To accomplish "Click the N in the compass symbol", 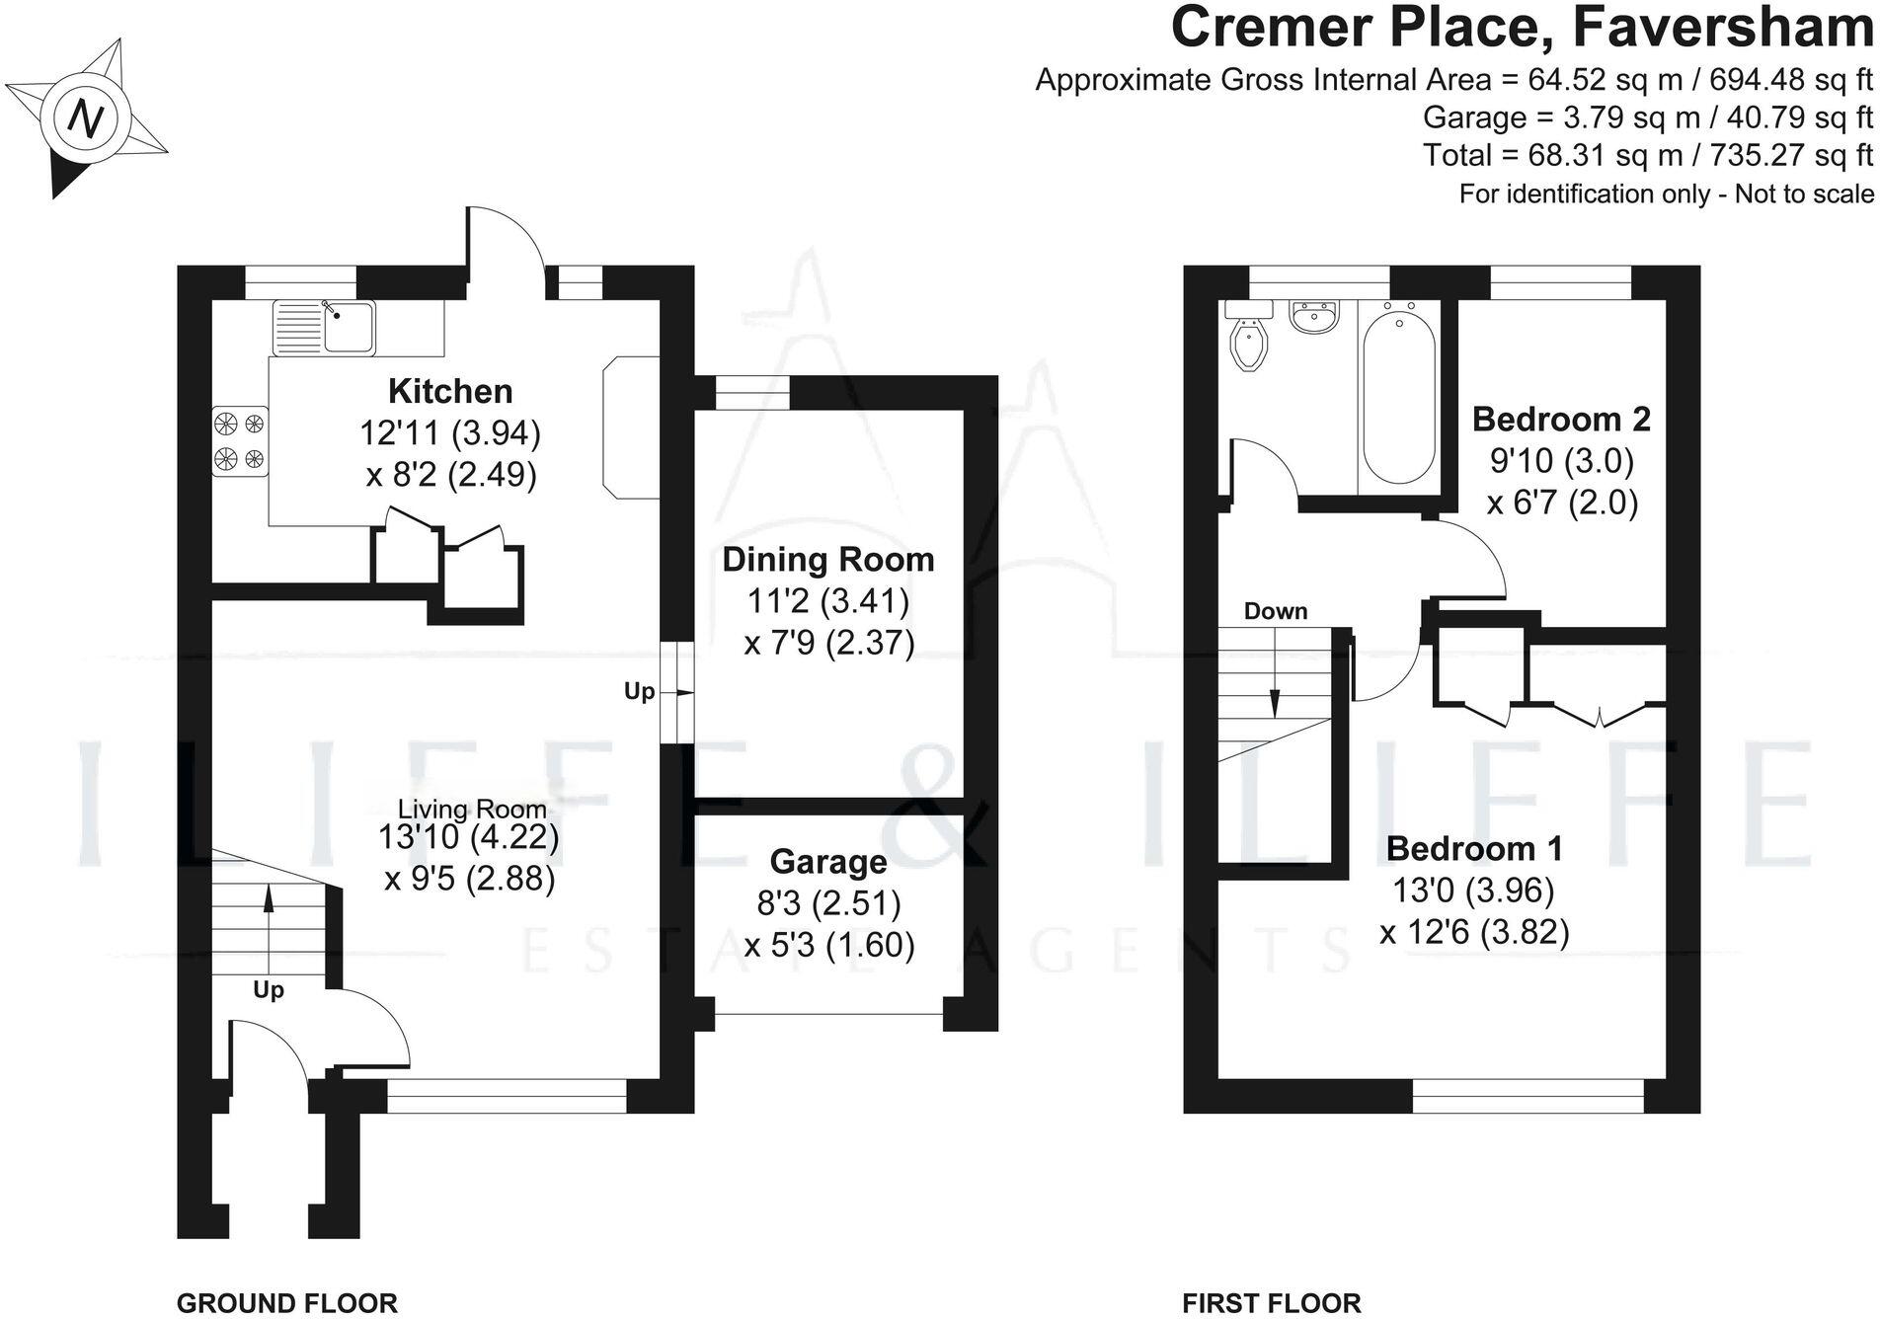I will click(x=87, y=118).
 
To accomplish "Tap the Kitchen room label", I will click(x=450, y=391).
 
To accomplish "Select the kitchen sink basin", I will click(x=350, y=327).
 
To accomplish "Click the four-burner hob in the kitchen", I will click(x=240, y=441).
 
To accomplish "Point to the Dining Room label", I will click(x=827, y=559).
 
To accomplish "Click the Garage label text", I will click(x=827, y=861).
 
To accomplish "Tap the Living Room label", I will click(x=471, y=810).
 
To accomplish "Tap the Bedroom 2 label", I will click(x=1560, y=419).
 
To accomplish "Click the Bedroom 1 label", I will click(x=1473, y=848).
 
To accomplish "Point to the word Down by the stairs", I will click(x=1275, y=611).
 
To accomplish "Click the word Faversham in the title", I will click(x=1722, y=28).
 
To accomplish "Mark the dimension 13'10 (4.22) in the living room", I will click(x=468, y=837).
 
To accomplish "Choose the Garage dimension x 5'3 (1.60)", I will click(x=828, y=945).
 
